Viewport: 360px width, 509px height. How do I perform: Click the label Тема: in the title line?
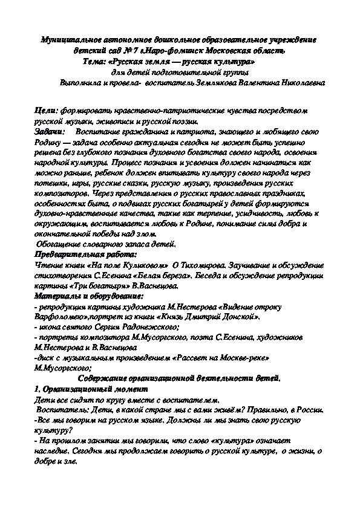(x=95, y=61)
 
